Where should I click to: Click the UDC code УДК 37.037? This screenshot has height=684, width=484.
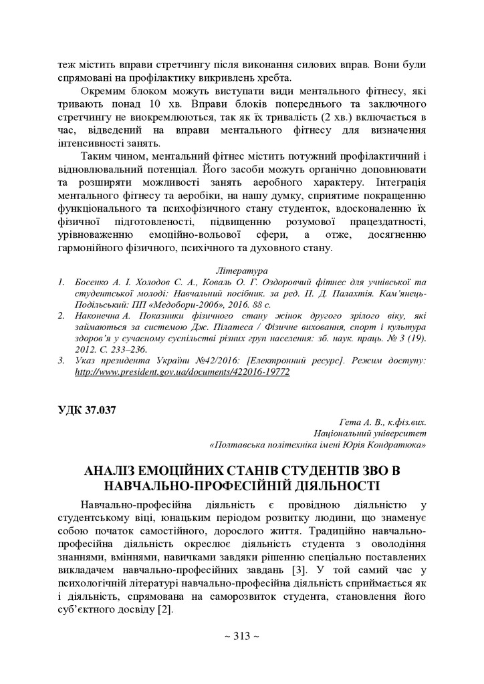click(87, 410)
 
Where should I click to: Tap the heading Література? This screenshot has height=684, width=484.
click(242, 271)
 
